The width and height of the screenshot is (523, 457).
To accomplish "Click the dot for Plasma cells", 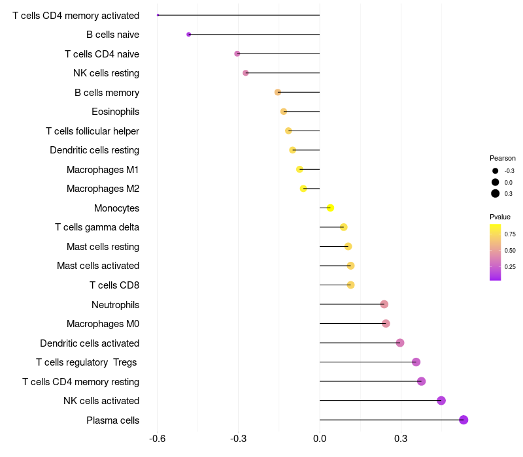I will pos(464,420).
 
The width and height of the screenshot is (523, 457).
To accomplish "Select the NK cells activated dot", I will pos(441,401).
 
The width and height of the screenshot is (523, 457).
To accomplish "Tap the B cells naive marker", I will pos(189,34).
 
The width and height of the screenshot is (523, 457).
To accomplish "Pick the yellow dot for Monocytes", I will pos(331,208).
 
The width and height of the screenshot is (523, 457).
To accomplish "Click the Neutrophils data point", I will pos(384,304).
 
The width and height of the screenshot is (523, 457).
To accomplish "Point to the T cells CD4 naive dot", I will pos(237,54).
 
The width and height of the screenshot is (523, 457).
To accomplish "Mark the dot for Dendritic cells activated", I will pos(400,343).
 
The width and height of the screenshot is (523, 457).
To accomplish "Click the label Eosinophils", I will pos(115,112).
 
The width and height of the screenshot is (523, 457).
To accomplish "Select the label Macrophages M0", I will pos(103,324).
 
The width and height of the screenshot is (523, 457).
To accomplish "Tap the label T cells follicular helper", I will pos(92,131).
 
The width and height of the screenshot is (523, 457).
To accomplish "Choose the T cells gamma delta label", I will pos(97,227).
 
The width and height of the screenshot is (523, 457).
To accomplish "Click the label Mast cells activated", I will pos(98,266).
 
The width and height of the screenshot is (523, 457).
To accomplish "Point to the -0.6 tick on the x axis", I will pos(157,439).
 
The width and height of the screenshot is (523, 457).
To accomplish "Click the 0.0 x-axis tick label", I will pos(320,439).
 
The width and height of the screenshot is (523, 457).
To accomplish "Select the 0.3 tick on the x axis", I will pos(401,439).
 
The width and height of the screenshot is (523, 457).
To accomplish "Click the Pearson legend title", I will pos(503,158).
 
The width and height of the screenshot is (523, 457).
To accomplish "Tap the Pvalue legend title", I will pos(500,217).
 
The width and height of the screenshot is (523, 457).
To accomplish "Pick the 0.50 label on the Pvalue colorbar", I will pos(510,250).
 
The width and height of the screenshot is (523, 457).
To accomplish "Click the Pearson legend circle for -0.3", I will pos(496,171).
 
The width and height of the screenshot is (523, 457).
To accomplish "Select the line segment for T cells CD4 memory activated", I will pos(239,15).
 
